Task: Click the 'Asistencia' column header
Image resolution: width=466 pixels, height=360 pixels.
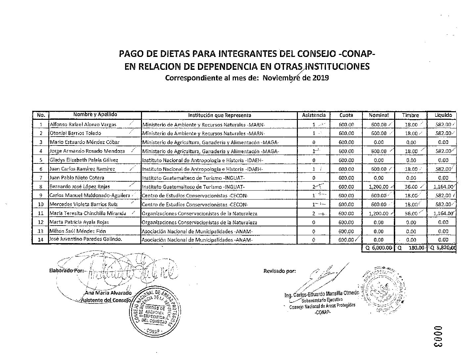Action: point(314,115)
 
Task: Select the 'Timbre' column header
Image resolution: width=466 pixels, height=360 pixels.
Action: point(410,115)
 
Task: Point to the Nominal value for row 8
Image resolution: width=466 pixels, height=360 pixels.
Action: point(378,187)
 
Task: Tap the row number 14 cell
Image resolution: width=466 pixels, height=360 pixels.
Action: point(41,240)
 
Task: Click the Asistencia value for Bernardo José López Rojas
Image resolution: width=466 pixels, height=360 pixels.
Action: point(314,187)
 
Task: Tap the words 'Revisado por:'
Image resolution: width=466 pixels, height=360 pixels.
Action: point(280,271)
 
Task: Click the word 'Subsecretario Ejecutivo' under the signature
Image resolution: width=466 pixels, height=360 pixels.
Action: point(320,300)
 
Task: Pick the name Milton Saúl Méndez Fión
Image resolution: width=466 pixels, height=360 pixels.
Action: point(78,231)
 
